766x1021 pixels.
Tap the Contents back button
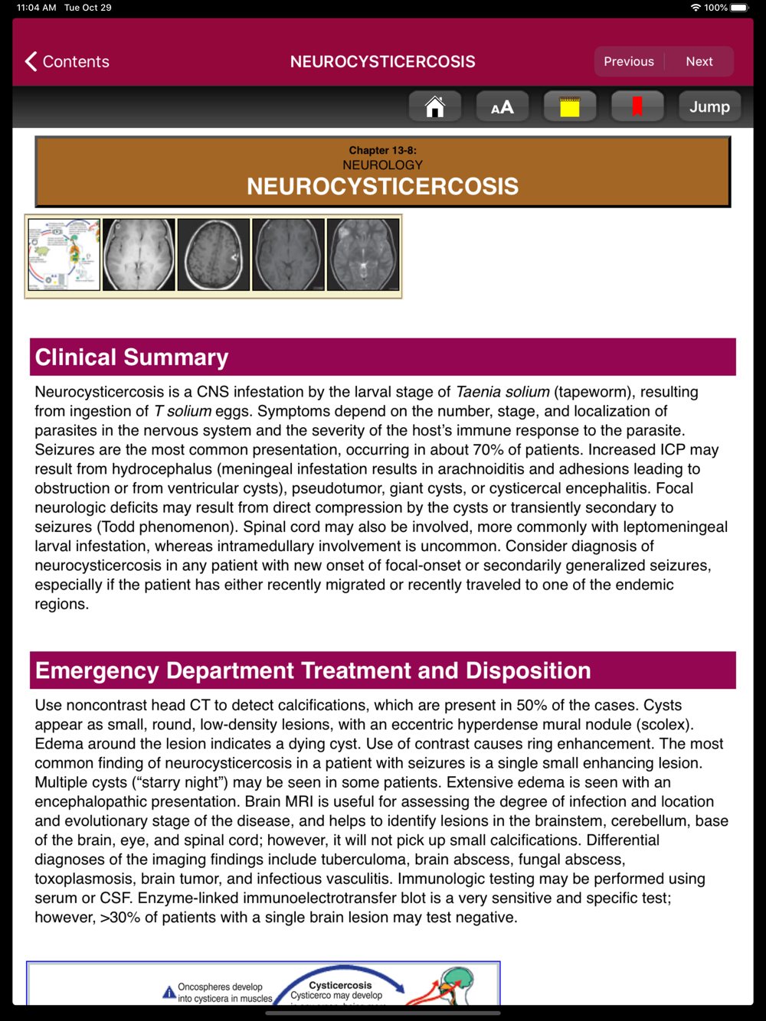point(67,61)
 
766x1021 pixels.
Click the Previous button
point(629,61)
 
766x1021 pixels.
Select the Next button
point(699,61)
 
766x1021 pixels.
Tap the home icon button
point(434,107)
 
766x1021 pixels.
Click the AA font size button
point(502,107)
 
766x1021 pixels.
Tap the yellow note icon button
point(569,107)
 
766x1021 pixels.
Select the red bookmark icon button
point(637,107)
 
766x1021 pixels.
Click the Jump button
point(709,107)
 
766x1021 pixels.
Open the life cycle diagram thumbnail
point(64,255)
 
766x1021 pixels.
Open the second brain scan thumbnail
point(214,255)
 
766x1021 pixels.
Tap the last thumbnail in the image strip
point(363,255)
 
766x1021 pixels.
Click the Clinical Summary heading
point(132,357)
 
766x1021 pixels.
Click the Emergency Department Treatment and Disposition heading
point(313,670)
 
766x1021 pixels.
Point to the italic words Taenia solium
point(502,392)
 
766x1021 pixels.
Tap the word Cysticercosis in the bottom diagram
point(340,985)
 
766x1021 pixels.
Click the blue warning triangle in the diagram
point(169,993)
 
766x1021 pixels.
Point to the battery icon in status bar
point(739,8)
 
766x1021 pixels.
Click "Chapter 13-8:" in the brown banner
point(382,150)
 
